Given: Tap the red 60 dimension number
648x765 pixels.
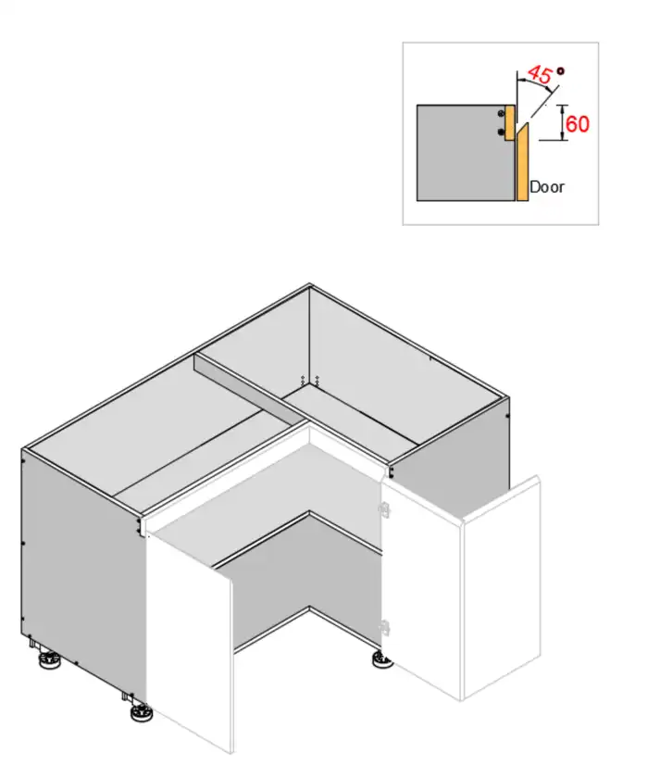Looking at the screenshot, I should (578, 123).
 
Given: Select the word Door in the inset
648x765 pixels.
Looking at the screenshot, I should (546, 187).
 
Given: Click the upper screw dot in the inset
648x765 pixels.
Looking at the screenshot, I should (502, 113).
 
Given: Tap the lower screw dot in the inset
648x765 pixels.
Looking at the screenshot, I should (502, 132).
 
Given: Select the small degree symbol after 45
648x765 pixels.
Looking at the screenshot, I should (560, 70).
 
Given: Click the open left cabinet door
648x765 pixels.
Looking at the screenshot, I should (190, 639).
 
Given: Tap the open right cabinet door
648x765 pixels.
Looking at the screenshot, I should (500, 593).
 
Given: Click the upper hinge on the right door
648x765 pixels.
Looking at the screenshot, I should (384, 507).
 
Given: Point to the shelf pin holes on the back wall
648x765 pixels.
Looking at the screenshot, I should (310, 380).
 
